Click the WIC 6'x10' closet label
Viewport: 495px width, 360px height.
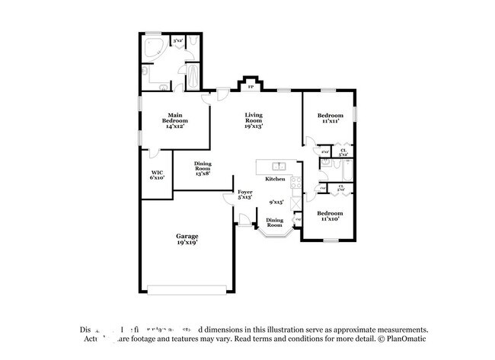tap(157, 175)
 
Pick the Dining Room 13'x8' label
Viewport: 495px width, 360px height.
tap(202, 168)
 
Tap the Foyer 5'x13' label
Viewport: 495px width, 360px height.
tap(244, 195)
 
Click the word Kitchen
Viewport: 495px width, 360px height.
tap(275, 179)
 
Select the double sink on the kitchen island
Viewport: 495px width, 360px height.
tap(279, 165)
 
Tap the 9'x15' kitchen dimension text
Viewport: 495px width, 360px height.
tap(276, 202)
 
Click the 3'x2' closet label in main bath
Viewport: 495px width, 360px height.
tap(177, 40)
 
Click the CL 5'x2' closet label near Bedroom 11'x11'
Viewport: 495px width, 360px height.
tap(343, 152)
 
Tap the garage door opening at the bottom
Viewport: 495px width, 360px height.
tap(187, 289)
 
